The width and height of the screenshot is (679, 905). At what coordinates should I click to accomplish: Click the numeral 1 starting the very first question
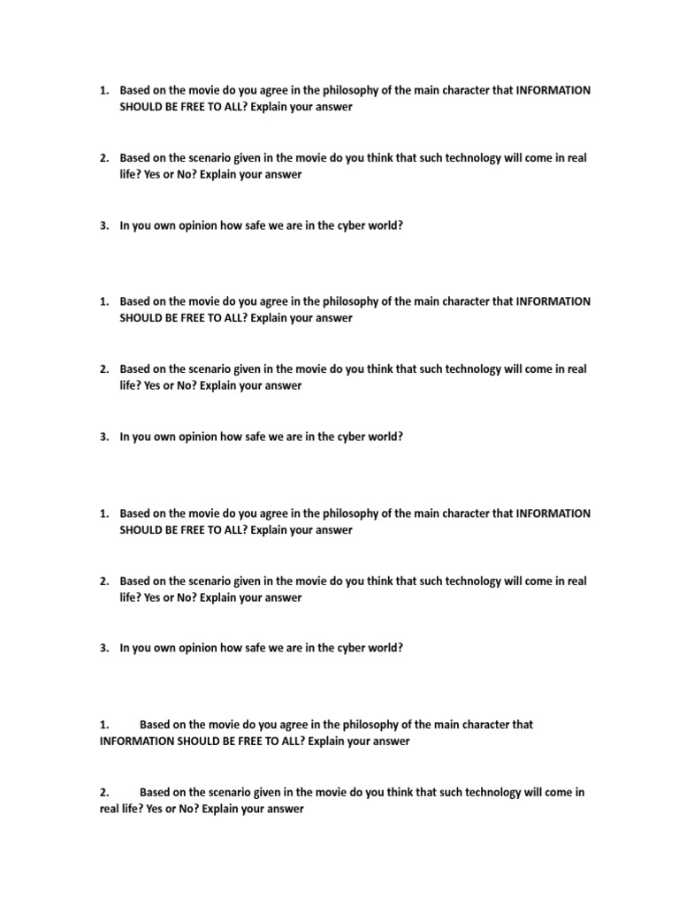[x=103, y=90]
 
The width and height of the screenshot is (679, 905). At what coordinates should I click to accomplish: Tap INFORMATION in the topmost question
[x=553, y=90]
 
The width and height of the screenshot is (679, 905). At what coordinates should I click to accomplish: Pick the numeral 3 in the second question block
[x=103, y=437]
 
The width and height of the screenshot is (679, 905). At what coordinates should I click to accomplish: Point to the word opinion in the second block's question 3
[x=194, y=437]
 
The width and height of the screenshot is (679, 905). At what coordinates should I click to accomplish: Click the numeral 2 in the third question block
[x=103, y=581]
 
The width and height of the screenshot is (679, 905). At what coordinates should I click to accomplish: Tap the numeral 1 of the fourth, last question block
[x=103, y=725]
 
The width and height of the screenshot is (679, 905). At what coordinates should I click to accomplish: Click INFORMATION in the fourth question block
[x=137, y=741]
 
